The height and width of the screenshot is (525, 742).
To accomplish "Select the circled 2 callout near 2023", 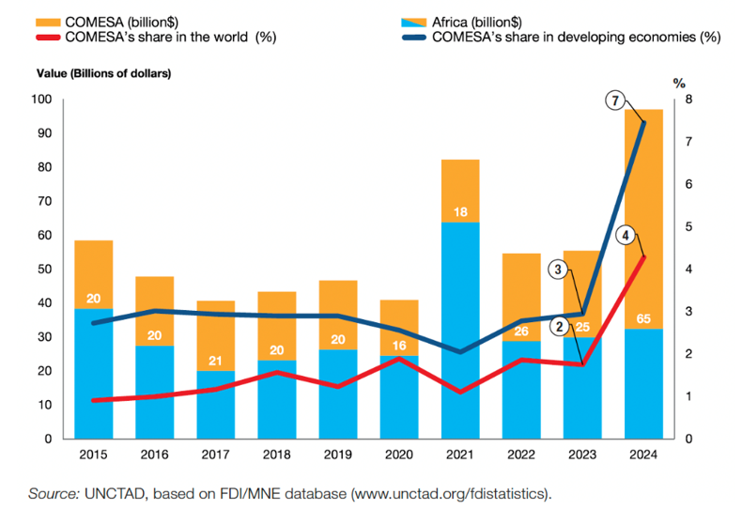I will [561, 327].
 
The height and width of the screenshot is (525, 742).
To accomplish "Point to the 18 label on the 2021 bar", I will [460, 213].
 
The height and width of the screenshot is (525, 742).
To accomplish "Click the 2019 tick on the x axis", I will [337, 456].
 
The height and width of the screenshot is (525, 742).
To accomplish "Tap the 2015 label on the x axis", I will [93, 456].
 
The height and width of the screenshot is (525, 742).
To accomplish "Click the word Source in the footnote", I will [53, 492].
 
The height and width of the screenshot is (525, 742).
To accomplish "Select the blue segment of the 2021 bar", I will [460, 329].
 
